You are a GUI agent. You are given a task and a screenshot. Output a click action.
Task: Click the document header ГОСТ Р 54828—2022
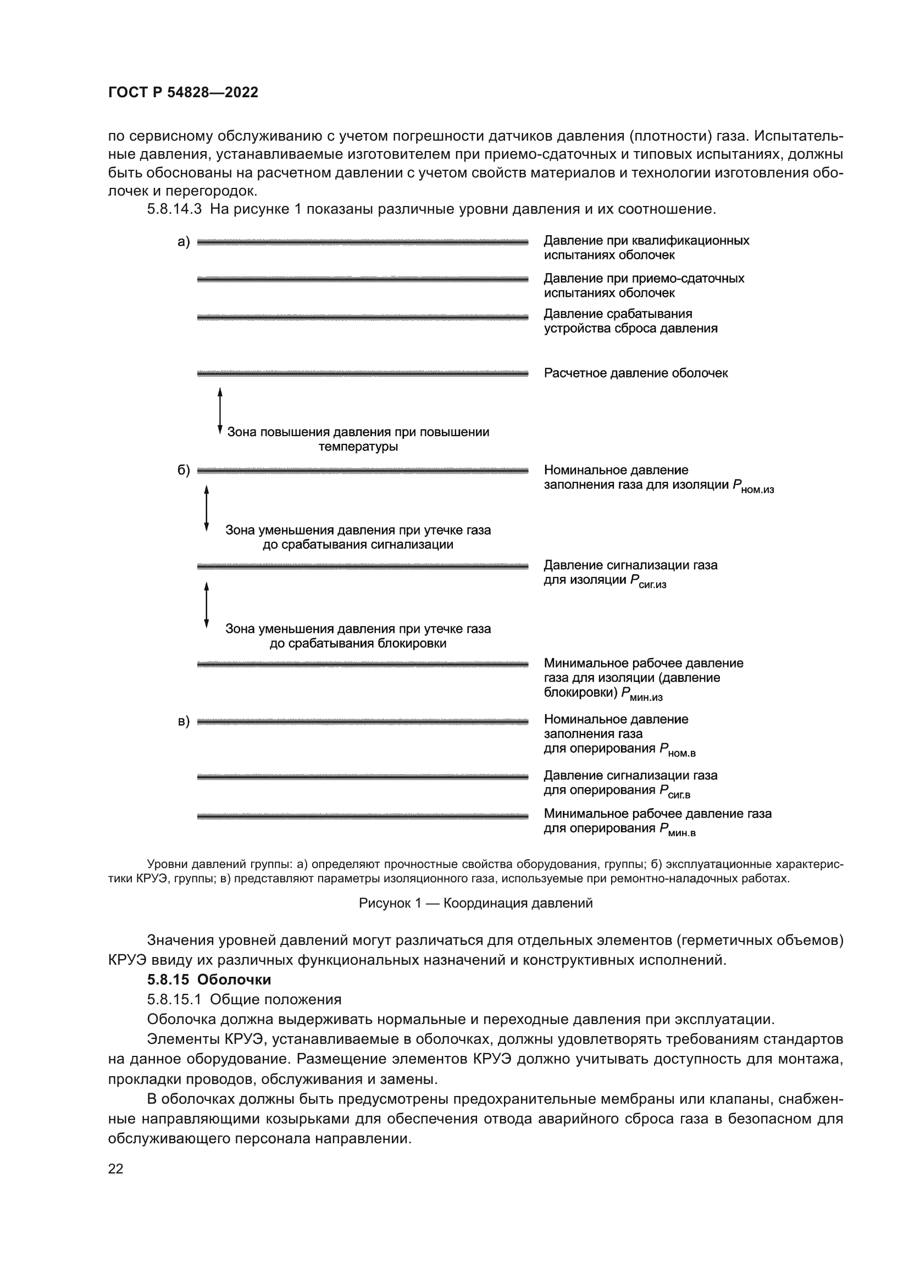tap(183, 93)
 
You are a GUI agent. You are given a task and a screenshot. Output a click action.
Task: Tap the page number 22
tap(116, 1169)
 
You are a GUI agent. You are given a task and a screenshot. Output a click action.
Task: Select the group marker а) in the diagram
tap(184, 242)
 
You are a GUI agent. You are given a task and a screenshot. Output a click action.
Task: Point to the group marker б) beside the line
tap(184, 471)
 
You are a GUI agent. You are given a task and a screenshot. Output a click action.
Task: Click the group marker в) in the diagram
tap(184, 722)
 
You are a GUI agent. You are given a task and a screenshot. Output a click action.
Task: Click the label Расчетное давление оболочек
tap(635, 373)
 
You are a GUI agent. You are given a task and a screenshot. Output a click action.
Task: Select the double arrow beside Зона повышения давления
tap(220, 411)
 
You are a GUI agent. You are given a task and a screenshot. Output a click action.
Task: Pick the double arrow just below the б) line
tap(207, 508)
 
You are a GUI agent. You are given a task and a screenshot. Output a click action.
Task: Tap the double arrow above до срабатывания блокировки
tap(207, 604)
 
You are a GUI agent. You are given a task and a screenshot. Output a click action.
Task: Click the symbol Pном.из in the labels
tap(753, 487)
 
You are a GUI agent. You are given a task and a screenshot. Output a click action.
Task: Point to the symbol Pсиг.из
tap(648, 582)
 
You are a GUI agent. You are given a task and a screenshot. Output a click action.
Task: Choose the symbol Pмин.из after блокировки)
tap(642, 694)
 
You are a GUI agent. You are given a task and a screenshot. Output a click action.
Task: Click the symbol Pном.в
tap(677, 750)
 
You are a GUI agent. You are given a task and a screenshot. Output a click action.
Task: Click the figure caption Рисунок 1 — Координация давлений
tap(475, 903)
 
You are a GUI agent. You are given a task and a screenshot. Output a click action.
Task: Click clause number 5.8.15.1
tap(174, 999)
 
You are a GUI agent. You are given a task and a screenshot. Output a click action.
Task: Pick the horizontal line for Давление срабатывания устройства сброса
tap(362, 318)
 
